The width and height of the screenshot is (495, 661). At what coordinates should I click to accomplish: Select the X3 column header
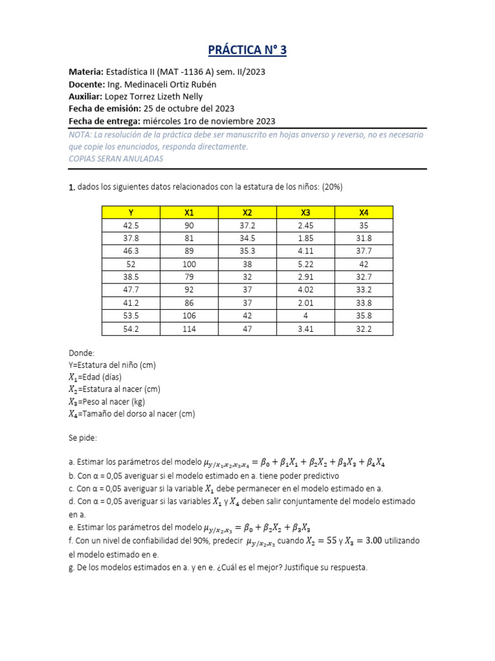tap(305, 212)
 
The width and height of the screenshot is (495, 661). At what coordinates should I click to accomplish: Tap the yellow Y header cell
tap(131, 212)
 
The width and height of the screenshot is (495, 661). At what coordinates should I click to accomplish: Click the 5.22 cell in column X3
tap(305, 263)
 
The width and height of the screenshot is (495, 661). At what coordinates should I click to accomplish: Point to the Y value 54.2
tap(131, 329)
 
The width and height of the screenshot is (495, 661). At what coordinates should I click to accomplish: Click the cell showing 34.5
tap(247, 238)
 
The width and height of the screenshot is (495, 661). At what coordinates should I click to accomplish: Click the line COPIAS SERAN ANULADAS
tap(116, 159)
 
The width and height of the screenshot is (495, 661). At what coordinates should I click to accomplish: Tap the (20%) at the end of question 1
tap(331, 187)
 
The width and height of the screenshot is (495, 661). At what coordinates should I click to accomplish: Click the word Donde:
tap(81, 353)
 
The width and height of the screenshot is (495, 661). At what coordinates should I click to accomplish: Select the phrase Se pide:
tap(82, 438)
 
